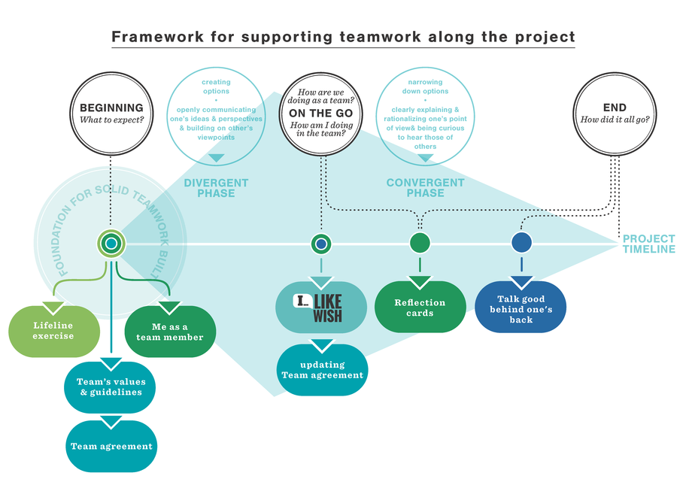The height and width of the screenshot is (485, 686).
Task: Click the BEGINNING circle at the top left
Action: click(111, 114)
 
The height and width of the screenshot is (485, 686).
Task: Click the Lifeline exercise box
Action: click(53, 331)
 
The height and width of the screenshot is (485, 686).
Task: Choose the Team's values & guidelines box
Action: click(111, 386)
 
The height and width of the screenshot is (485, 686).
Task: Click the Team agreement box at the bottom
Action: click(111, 446)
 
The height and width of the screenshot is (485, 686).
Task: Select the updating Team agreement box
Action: click(322, 370)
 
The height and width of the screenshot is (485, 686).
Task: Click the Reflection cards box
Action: click(420, 308)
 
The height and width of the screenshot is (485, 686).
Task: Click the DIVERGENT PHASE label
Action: click(215, 188)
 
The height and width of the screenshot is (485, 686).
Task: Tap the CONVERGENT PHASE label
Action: click(425, 188)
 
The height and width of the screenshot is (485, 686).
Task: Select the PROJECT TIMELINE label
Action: click(648, 244)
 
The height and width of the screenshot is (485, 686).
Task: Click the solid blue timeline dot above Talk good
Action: click(521, 243)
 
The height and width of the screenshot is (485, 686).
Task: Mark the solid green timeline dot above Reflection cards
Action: click(420, 243)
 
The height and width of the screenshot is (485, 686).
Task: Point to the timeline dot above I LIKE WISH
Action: click(321, 244)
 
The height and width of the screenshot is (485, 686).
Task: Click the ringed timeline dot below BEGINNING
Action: click(111, 244)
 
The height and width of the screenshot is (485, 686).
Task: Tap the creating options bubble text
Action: click(216, 110)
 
